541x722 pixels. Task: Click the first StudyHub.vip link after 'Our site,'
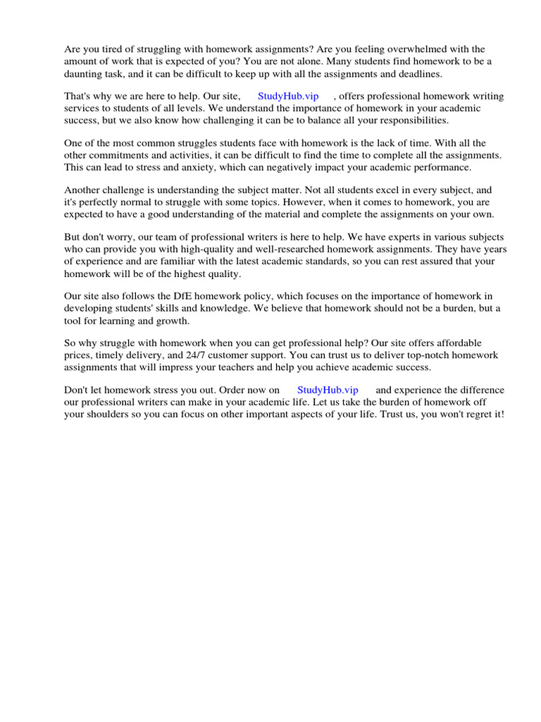tap(288, 97)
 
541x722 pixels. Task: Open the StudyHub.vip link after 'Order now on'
tap(328, 390)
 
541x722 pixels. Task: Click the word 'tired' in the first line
tap(116, 49)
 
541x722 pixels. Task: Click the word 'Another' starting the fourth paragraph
tap(83, 190)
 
